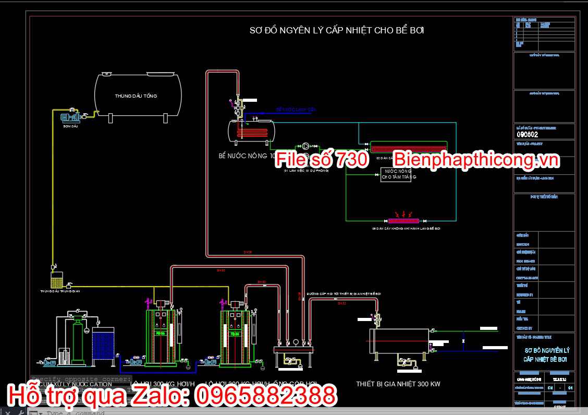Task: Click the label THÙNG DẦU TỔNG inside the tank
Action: coord(136,96)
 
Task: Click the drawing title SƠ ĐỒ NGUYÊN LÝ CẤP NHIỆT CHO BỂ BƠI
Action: coord(337,30)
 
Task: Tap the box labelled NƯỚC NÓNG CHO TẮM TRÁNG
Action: coord(396,174)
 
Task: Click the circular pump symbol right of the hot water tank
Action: coord(306,147)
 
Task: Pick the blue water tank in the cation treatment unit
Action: coord(103,345)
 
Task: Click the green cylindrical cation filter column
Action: coord(78,342)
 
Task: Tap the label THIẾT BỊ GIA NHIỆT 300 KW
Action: coord(398,384)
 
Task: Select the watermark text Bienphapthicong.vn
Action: coord(476,160)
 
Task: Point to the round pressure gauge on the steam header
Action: coord(296,342)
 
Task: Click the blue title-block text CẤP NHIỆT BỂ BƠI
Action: coord(545,360)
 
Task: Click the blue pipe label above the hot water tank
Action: coord(296,110)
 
